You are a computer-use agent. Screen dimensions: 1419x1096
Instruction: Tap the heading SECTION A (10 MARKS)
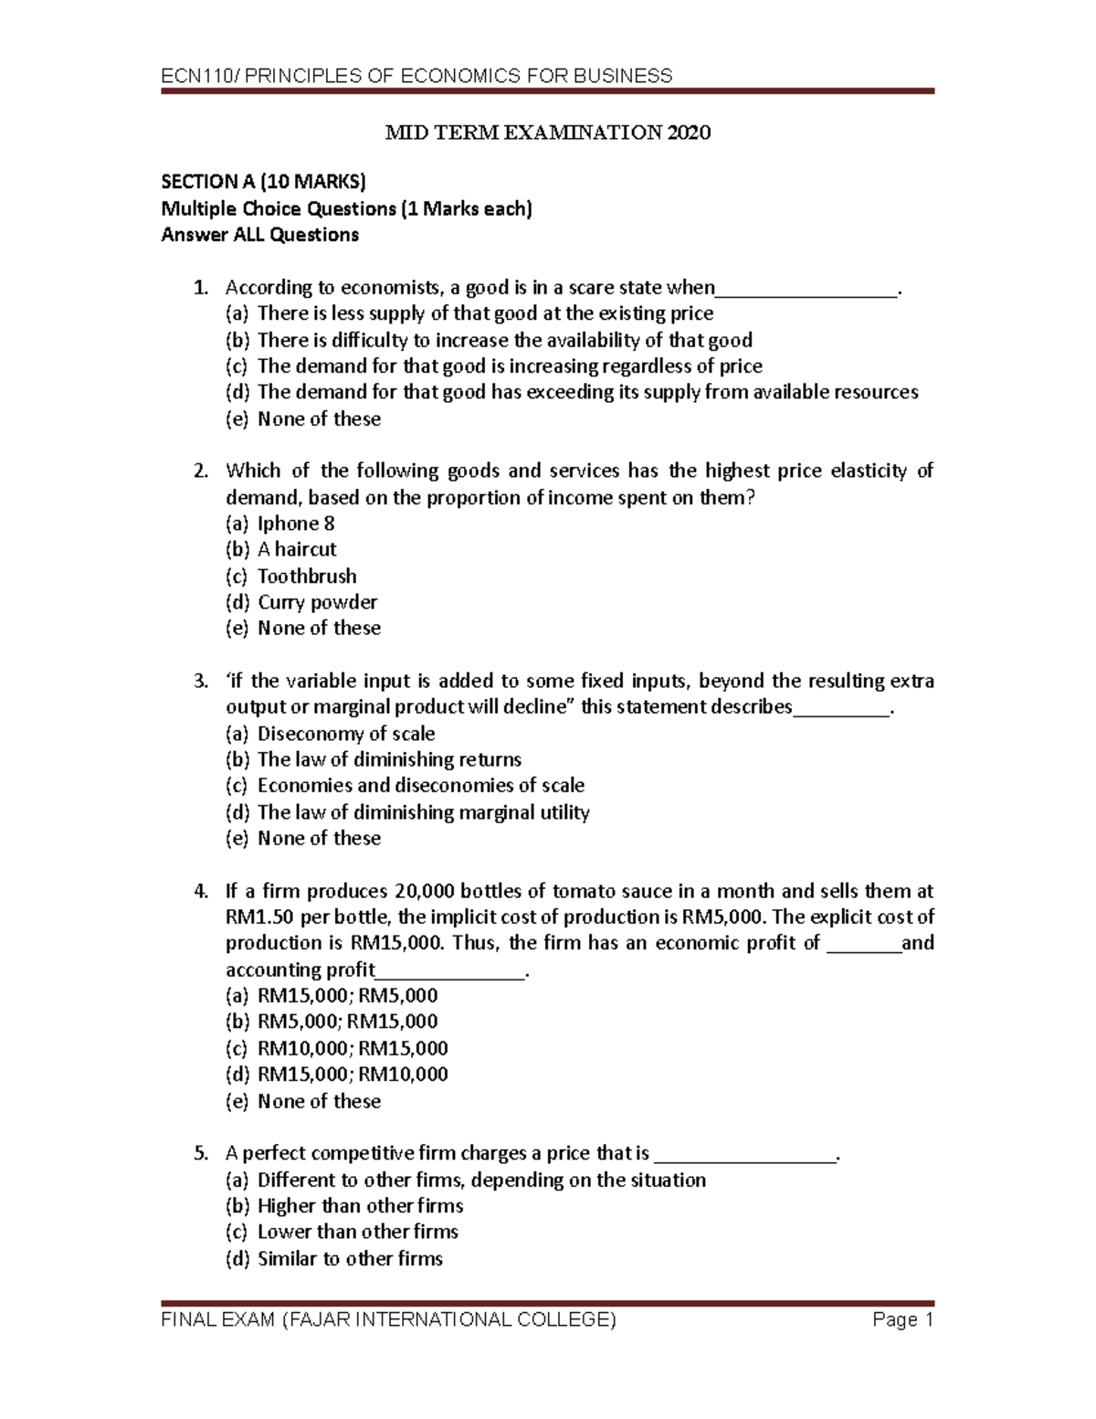tap(263, 183)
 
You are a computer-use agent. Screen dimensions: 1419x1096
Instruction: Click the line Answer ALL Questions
tap(259, 236)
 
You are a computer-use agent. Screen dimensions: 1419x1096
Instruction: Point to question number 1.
tap(201, 288)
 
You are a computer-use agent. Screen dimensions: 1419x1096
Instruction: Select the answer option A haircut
tap(297, 550)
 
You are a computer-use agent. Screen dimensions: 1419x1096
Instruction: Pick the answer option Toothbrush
tap(307, 577)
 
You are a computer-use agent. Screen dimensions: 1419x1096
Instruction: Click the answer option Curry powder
tap(317, 603)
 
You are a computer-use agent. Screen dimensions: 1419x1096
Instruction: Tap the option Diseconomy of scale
tap(345, 734)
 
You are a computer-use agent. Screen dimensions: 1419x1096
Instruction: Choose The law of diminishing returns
tap(389, 760)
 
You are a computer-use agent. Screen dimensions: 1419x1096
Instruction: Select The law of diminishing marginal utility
tap(423, 812)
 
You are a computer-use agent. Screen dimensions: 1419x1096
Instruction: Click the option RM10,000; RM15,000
tap(353, 1048)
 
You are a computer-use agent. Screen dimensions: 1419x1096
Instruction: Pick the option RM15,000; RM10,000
tap(353, 1075)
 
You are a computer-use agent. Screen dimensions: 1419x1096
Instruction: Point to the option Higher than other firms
tap(360, 1206)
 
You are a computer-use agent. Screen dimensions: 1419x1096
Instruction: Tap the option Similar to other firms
tap(350, 1259)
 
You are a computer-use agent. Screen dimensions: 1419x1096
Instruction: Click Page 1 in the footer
tap(902, 1320)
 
